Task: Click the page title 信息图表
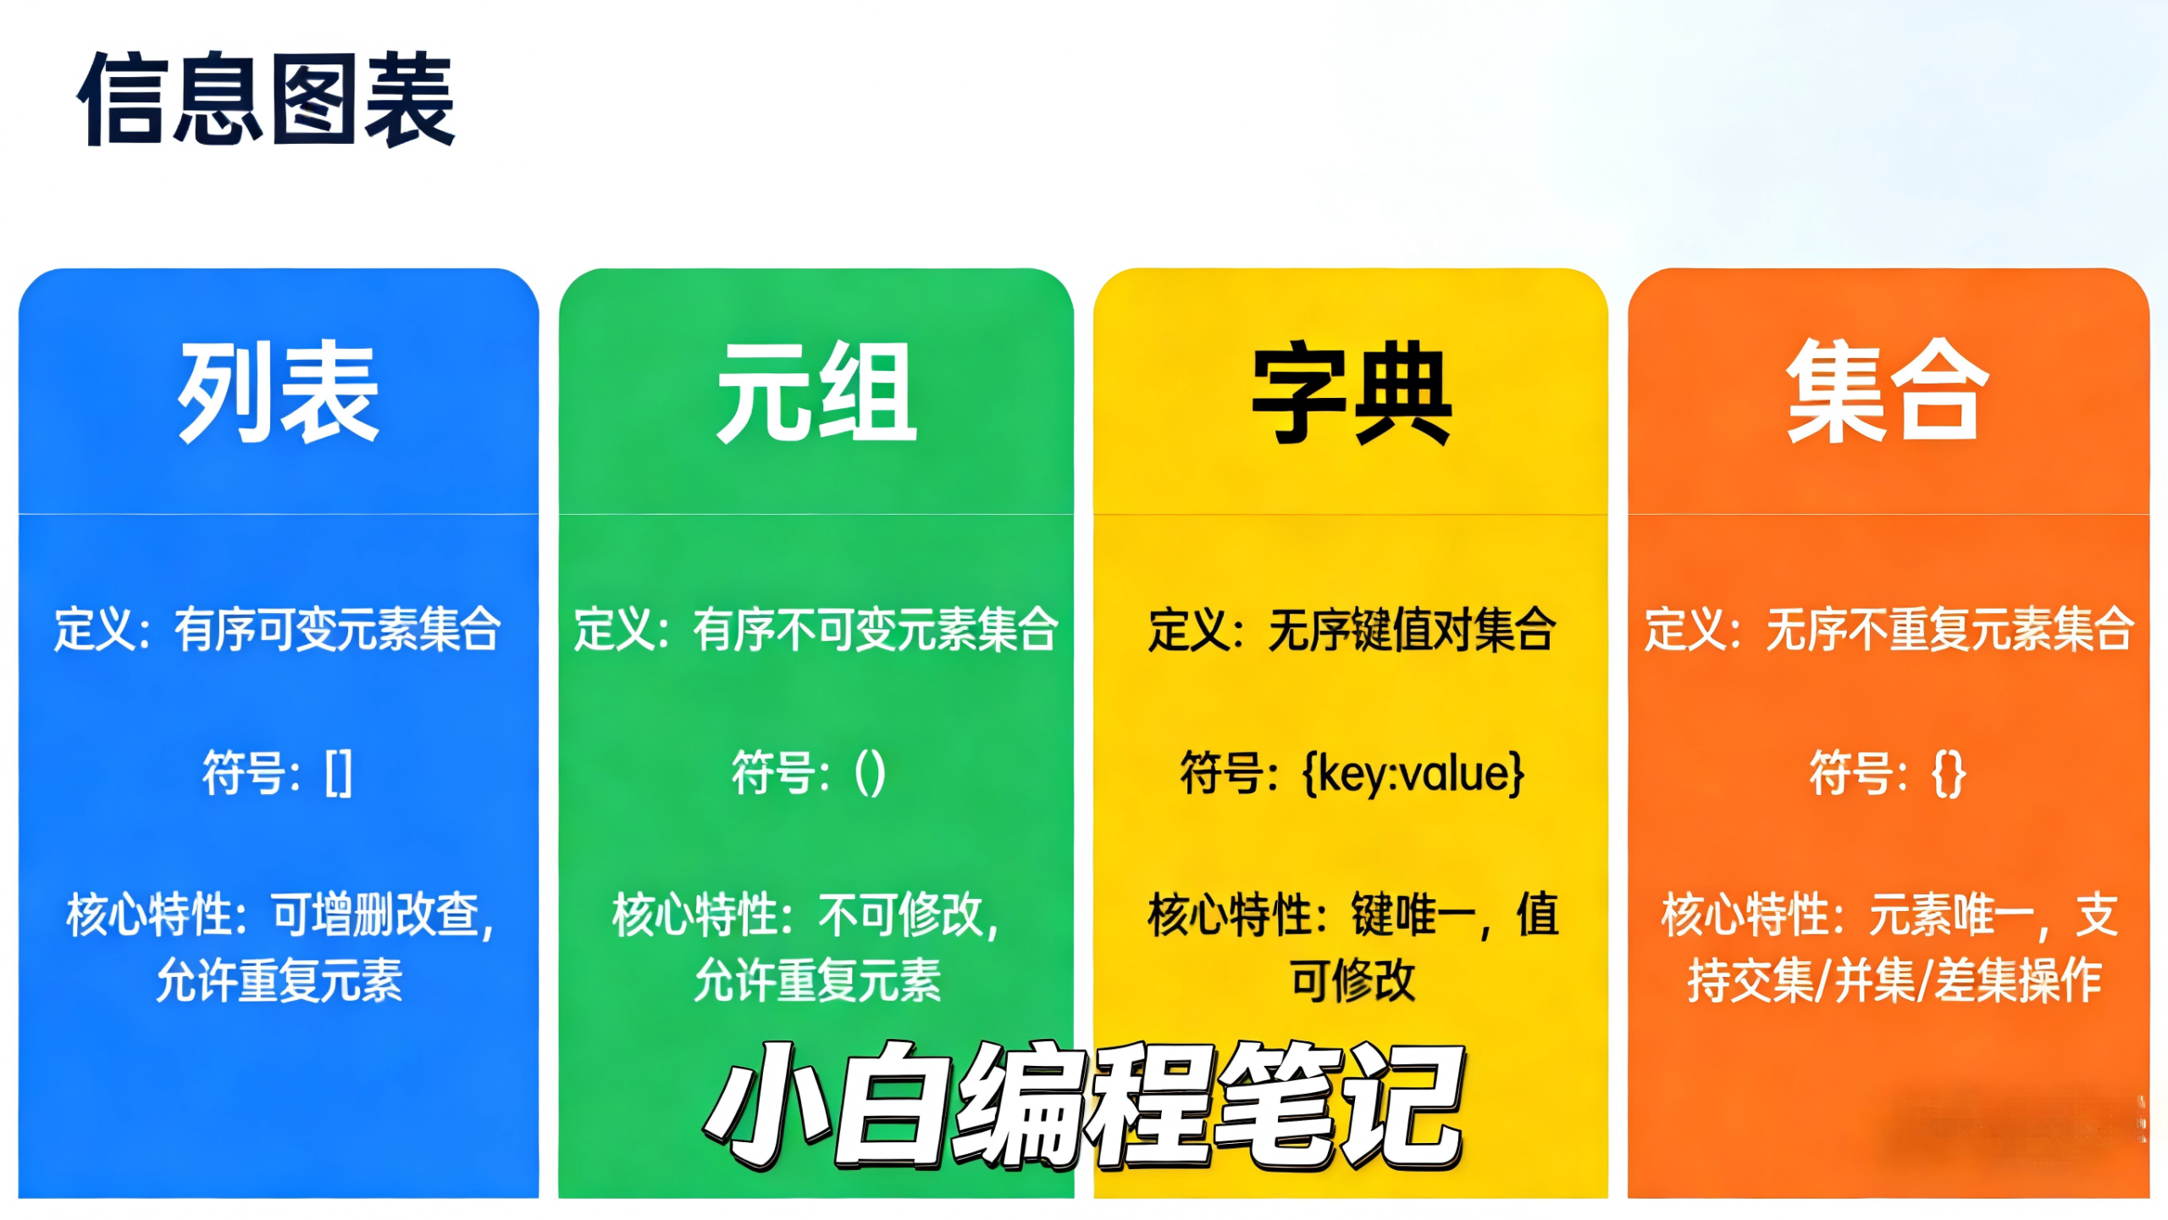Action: (266, 99)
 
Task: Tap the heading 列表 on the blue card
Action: (278, 391)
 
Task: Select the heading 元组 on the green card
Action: (816, 391)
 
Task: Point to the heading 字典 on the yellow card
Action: (1352, 393)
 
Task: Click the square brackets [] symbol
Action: (338, 773)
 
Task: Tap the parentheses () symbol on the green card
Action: (870, 773)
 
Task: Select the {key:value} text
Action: (1413, 773)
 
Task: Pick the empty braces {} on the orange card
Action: (1948, 773)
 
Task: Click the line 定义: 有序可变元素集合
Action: (278, 629)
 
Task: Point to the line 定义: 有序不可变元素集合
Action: (816, 629)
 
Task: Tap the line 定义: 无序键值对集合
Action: (1352, 629)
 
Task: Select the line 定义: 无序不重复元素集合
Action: (1888, 629)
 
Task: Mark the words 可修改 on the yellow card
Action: (1352, 980)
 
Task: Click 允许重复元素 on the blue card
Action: (279, 980)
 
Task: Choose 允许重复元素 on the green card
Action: (817, 980)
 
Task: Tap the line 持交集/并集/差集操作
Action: (1894, 980)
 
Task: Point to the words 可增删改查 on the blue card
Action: (381, 915)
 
